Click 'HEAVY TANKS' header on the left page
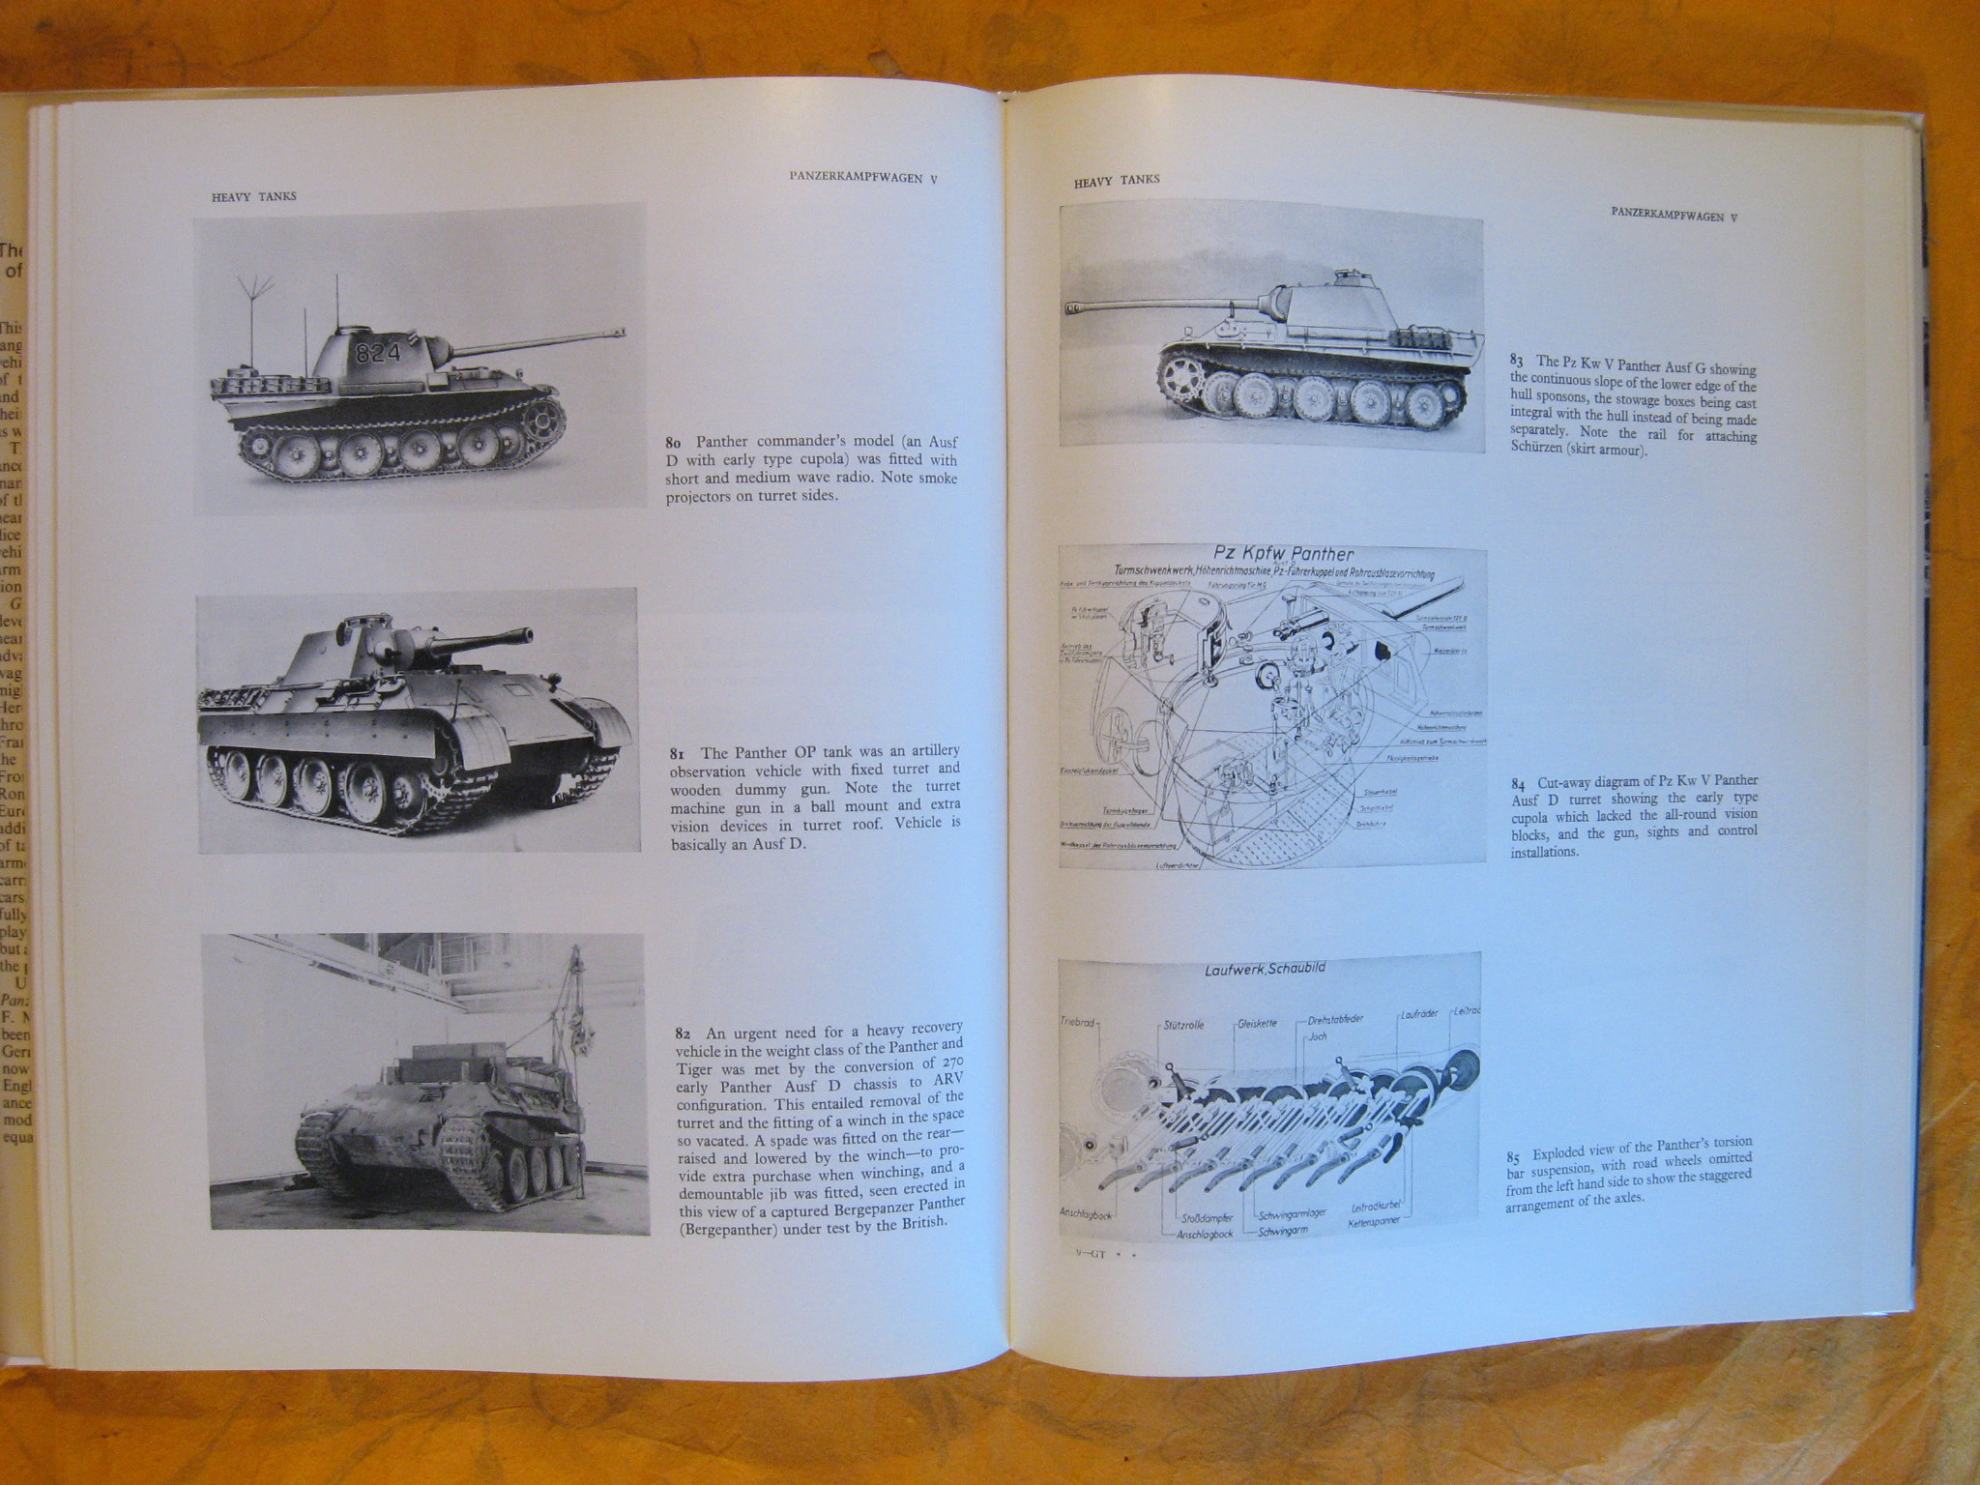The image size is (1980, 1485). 254,196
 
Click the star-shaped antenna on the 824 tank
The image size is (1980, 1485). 254,281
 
